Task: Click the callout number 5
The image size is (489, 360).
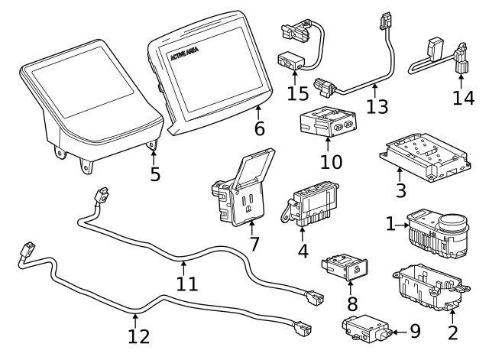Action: coord(155,174)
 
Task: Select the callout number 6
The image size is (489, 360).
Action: coord(260,128)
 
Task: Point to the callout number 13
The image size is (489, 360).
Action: coord(377,105)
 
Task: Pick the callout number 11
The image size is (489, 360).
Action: coord(186,284)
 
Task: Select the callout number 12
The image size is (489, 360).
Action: coord(138,336)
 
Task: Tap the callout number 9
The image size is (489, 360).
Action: coord(415,331)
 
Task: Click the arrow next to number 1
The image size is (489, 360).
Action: coord(402,225)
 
